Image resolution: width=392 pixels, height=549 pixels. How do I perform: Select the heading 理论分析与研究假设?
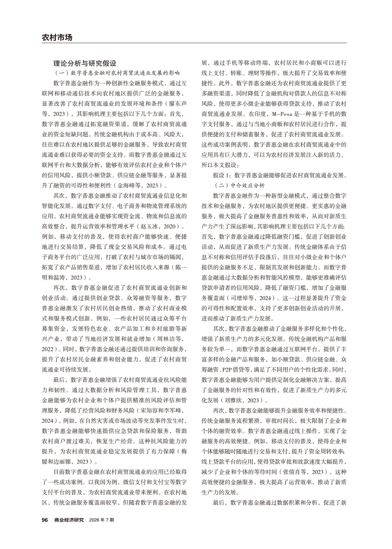pyautogui.click(x=84, y=63)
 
